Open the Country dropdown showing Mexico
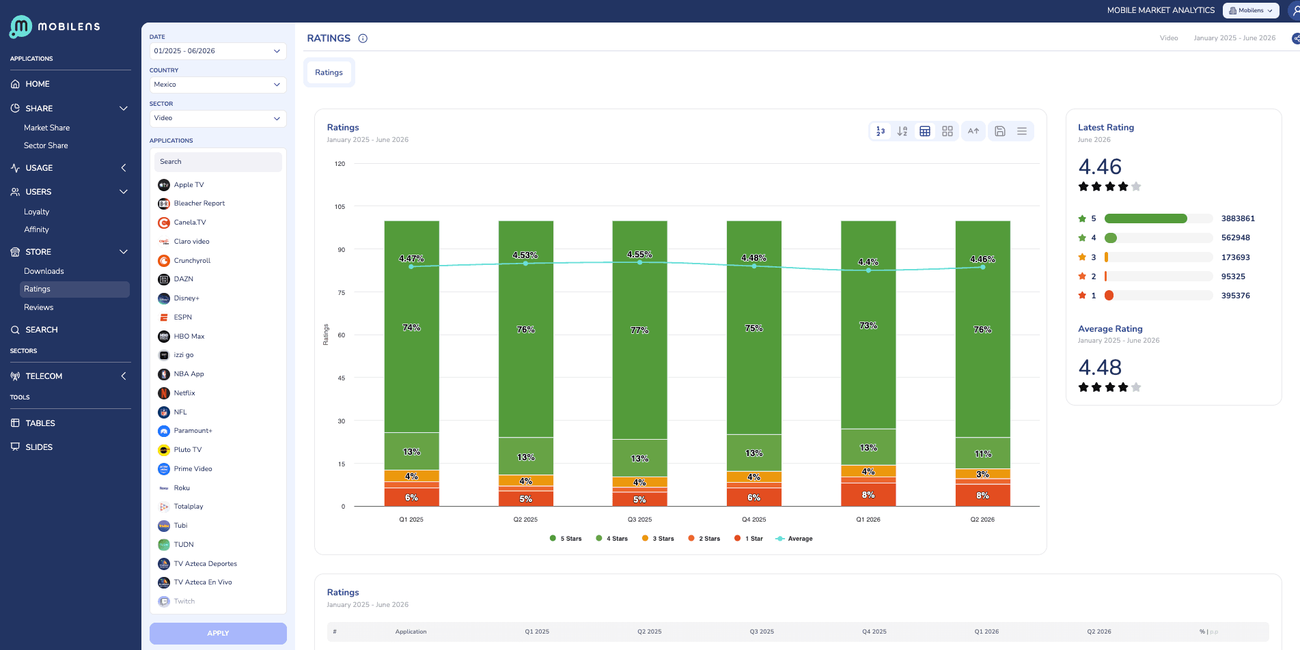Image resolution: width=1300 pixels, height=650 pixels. (x=217, y=85)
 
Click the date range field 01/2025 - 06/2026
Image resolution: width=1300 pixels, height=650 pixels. (x=217, y=51)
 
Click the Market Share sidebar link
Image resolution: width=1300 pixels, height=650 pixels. (x=46, y=128)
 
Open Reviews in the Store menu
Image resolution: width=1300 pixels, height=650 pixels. (x=38, y=307)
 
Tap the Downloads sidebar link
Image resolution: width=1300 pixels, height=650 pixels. (x=44, y=271)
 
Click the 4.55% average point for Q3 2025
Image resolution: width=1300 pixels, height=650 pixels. (x=639, y=262)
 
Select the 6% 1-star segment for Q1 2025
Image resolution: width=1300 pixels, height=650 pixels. (x=411, y=497)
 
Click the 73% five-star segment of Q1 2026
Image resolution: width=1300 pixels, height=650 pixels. (x=868, y=325)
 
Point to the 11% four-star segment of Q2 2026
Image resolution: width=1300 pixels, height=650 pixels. (x=982, y=453)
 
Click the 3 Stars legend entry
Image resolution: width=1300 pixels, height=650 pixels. (x=658, y=539)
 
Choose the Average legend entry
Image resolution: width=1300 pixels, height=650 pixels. (x=794, y=539)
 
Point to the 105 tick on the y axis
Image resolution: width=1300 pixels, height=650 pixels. (x=340, y=207)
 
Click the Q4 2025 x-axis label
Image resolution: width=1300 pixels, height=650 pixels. (x=754, y=520)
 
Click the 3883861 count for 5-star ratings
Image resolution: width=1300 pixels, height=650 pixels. (x=1238, y=218)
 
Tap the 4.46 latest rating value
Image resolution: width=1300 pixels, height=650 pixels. (x=1100, y=167)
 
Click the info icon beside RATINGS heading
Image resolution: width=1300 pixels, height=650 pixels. (x=363, y=38)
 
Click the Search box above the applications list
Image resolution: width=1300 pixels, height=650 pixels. (x=218, y=162)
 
